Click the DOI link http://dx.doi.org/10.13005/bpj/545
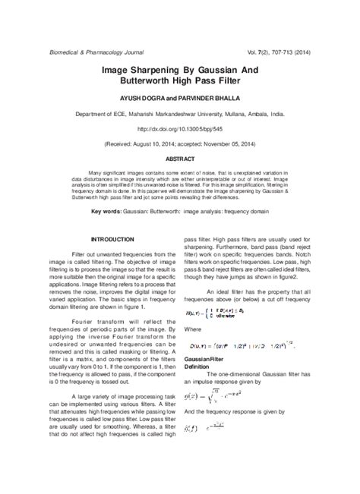[x=180, y=129]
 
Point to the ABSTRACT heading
[x=180, y=159]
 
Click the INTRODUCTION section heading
[x=112, y=238]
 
